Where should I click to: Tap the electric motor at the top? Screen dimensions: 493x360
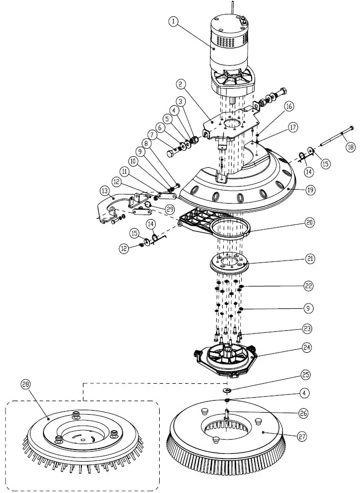click(231, 50)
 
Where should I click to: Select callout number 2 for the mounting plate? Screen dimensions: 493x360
click(181, 85)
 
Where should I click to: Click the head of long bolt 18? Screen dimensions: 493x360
click(351, 128)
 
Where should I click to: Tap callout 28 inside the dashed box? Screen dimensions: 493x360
click(26, 384)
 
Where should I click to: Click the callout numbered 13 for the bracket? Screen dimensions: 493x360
click(104, 191)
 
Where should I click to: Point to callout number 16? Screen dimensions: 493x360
click(289, 107)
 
